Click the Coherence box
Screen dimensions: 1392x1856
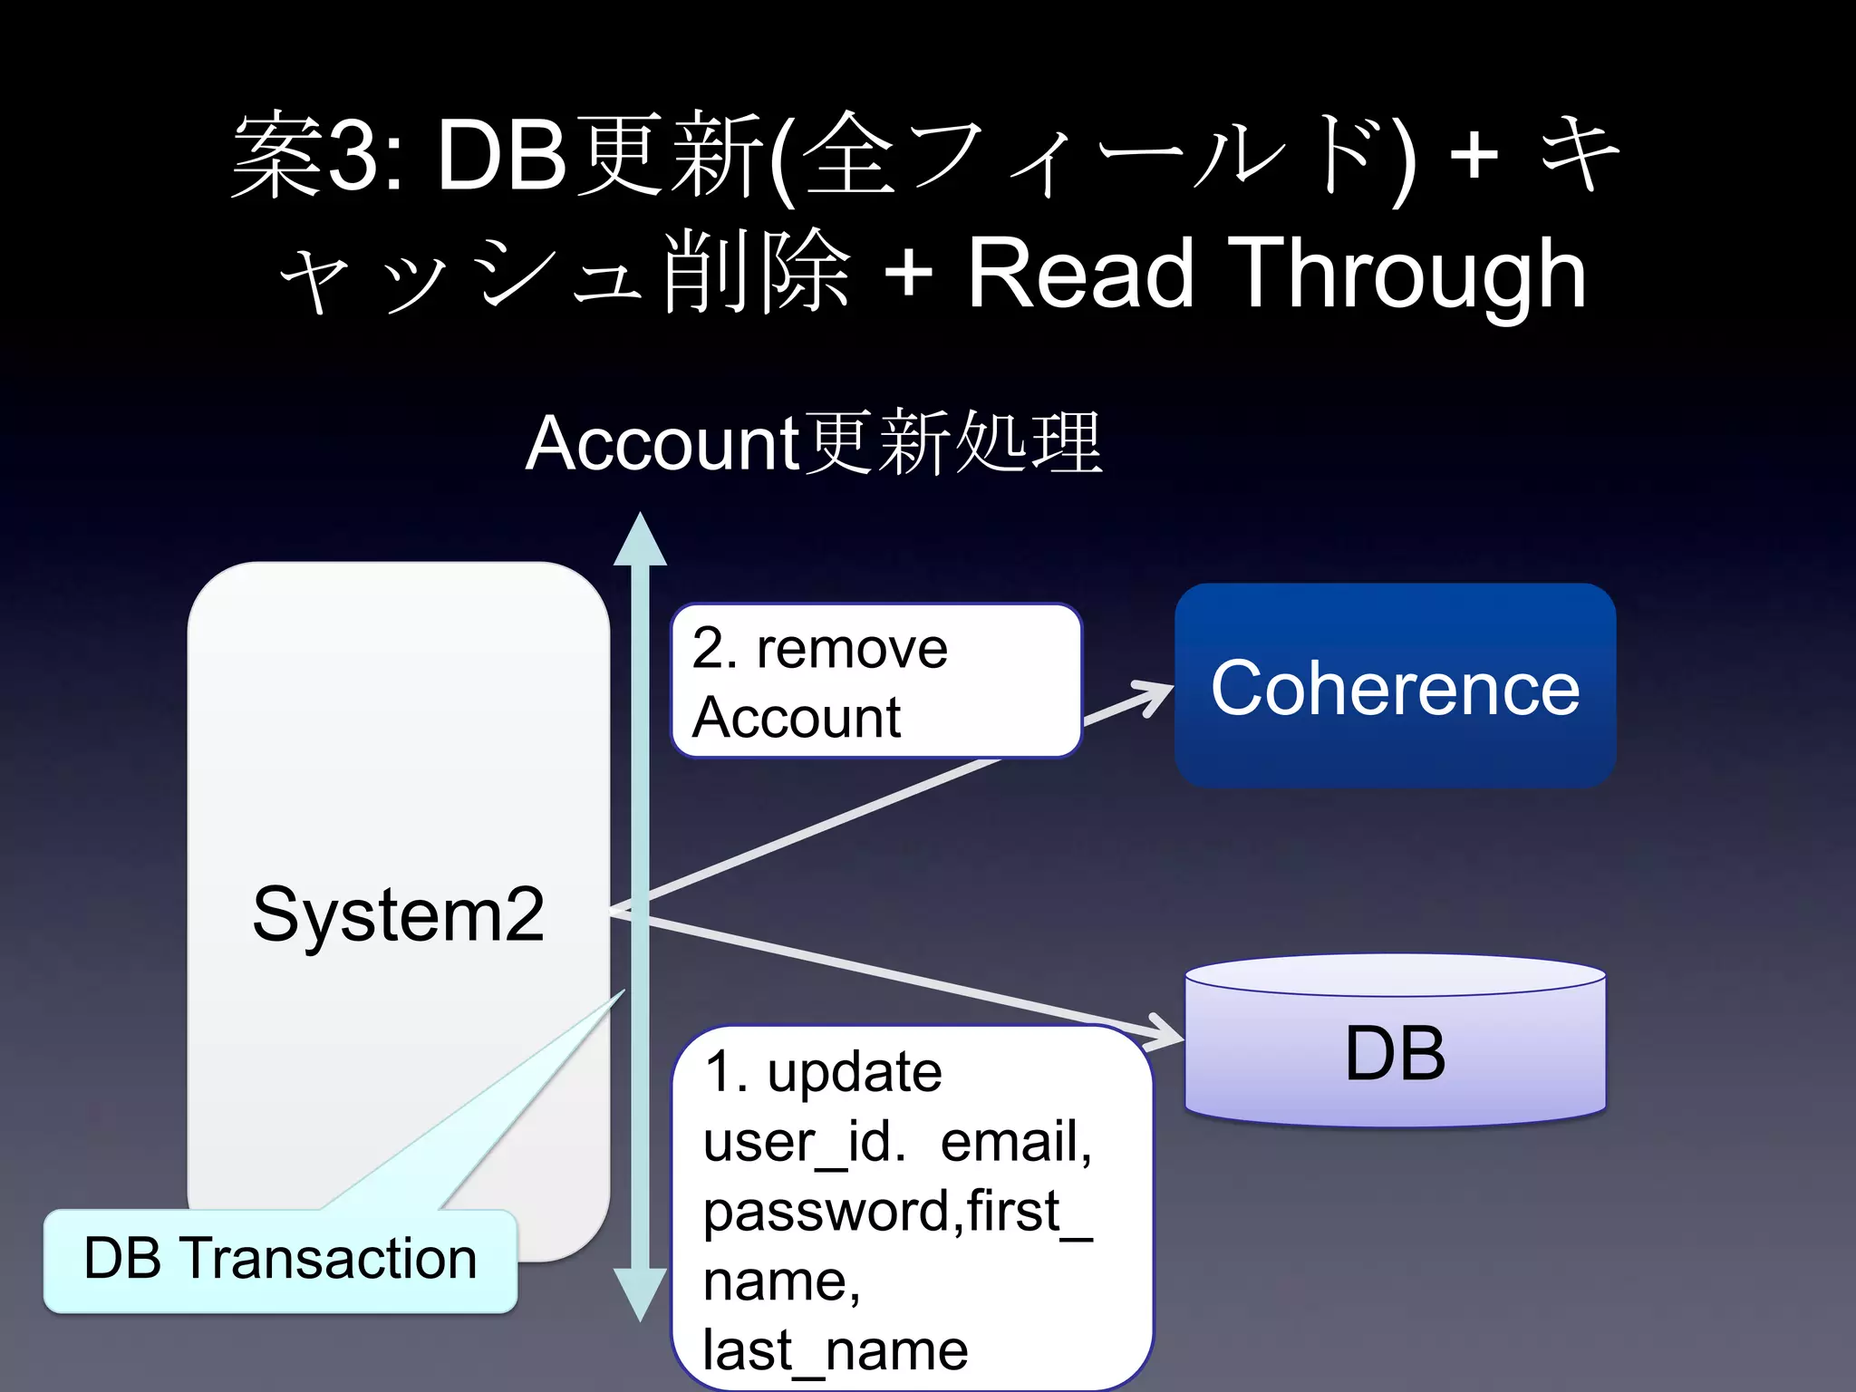1395,686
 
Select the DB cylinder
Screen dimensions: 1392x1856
1395,1042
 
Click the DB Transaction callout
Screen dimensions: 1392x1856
280,1260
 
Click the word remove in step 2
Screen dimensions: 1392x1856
852,649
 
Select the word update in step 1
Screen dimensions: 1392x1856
855,1072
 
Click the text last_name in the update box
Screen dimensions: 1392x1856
835,1350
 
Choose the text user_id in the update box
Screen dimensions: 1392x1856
803,1142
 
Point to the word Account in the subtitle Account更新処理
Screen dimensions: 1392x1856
662,443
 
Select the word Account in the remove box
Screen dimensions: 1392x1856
796,718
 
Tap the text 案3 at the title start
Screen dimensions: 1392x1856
309,156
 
